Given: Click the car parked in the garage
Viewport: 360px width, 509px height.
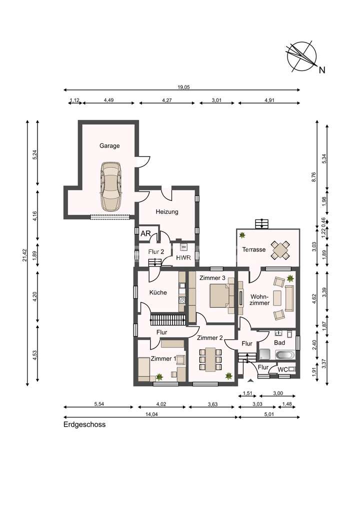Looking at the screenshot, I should pos(110,186).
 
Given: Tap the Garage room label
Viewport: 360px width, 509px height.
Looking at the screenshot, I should pos(109,146).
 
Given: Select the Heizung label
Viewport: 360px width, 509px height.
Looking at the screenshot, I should pos(167,211).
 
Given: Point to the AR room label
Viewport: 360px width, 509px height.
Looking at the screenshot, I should pos(146,233).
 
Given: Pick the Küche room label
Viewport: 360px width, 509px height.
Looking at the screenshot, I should pos(158,292).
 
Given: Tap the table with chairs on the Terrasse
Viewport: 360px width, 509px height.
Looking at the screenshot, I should pos(280,249).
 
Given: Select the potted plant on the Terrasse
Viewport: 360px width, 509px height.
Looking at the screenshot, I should pos(242,234).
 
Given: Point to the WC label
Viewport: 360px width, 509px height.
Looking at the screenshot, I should pos(282,369).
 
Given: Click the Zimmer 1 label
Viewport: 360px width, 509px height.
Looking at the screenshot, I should pos(163,358).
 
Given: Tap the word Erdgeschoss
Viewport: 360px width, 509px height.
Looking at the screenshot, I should pos(84,424).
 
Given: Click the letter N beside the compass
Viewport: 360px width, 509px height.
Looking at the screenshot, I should pos(322,70).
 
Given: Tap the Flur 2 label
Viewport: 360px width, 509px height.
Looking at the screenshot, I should pos(156,251).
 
